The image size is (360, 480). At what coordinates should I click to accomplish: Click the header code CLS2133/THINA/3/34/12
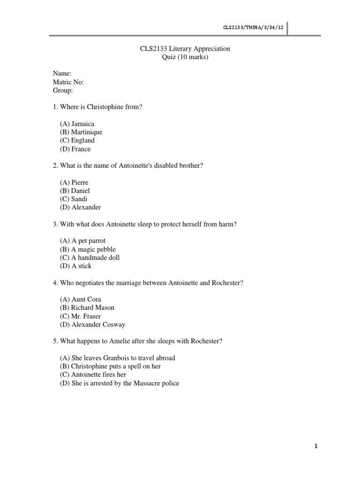(254, 28)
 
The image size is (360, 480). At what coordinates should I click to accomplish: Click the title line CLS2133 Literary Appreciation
(185, 49)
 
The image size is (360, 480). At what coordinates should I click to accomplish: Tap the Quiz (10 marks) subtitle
(185, 57)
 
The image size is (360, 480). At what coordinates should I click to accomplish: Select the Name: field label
(62, 74)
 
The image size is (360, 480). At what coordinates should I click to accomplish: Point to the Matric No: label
(68, 82)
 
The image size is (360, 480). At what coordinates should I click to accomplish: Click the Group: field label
(63, 90)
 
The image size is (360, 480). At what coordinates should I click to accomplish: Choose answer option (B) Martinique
(81, 132)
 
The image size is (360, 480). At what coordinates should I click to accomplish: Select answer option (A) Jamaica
(77, 124)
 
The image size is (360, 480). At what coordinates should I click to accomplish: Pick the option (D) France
(75, 149)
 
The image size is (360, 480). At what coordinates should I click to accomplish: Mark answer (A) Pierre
(74, 182)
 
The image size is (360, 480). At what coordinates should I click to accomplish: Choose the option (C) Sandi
(74, 199)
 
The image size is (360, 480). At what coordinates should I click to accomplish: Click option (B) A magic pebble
(88, 249)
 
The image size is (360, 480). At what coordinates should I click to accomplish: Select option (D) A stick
(75, 266)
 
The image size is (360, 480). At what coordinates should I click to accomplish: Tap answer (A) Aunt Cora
(80, 299)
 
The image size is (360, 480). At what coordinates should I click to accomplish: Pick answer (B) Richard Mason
(87, 307)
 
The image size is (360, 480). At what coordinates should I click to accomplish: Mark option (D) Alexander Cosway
(92, 324)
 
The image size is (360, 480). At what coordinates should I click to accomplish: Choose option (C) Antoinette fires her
(93, 375)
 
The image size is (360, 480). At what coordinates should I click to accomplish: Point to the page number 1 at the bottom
(316, 446)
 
